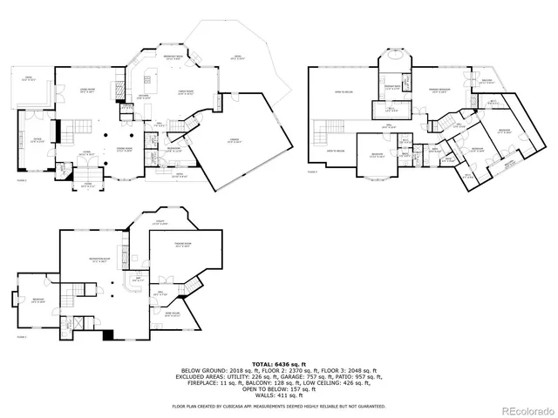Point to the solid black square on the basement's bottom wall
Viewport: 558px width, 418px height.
[x=108, y=334]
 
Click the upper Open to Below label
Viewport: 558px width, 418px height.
[x=342, y=91]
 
